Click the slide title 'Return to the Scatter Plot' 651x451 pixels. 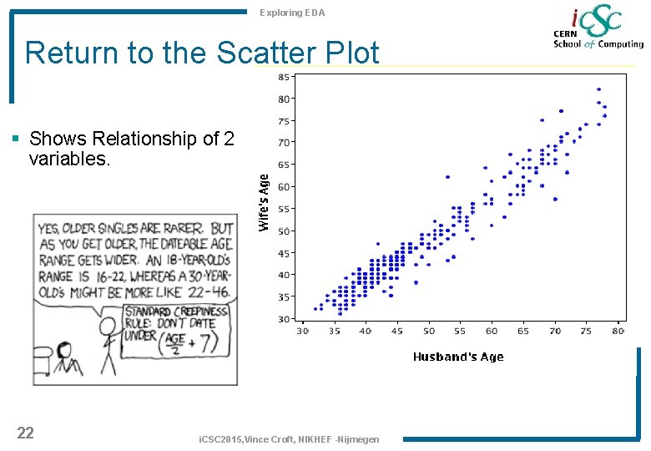(x=202, y=53)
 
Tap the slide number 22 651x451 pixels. (x=26, y=432)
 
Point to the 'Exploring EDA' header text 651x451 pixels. (x=292, y=13)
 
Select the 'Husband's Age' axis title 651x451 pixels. (x=458, y=357)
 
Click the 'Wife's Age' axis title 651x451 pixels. (x=264, y=202)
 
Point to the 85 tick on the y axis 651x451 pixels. (x=284, y=77)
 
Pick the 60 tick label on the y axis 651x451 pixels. (x=284, y=187)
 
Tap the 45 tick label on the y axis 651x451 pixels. (x=284, y=253)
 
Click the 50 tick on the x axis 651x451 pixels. (x=429, y=332)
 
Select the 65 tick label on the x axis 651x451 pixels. (x=523, y=332)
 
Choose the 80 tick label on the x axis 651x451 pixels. (x=618, y=332)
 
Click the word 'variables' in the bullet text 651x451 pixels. (x=68, y=158)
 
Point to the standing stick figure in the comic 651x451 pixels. (x=106, y=342)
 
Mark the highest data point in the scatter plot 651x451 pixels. (x=598, y=89)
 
